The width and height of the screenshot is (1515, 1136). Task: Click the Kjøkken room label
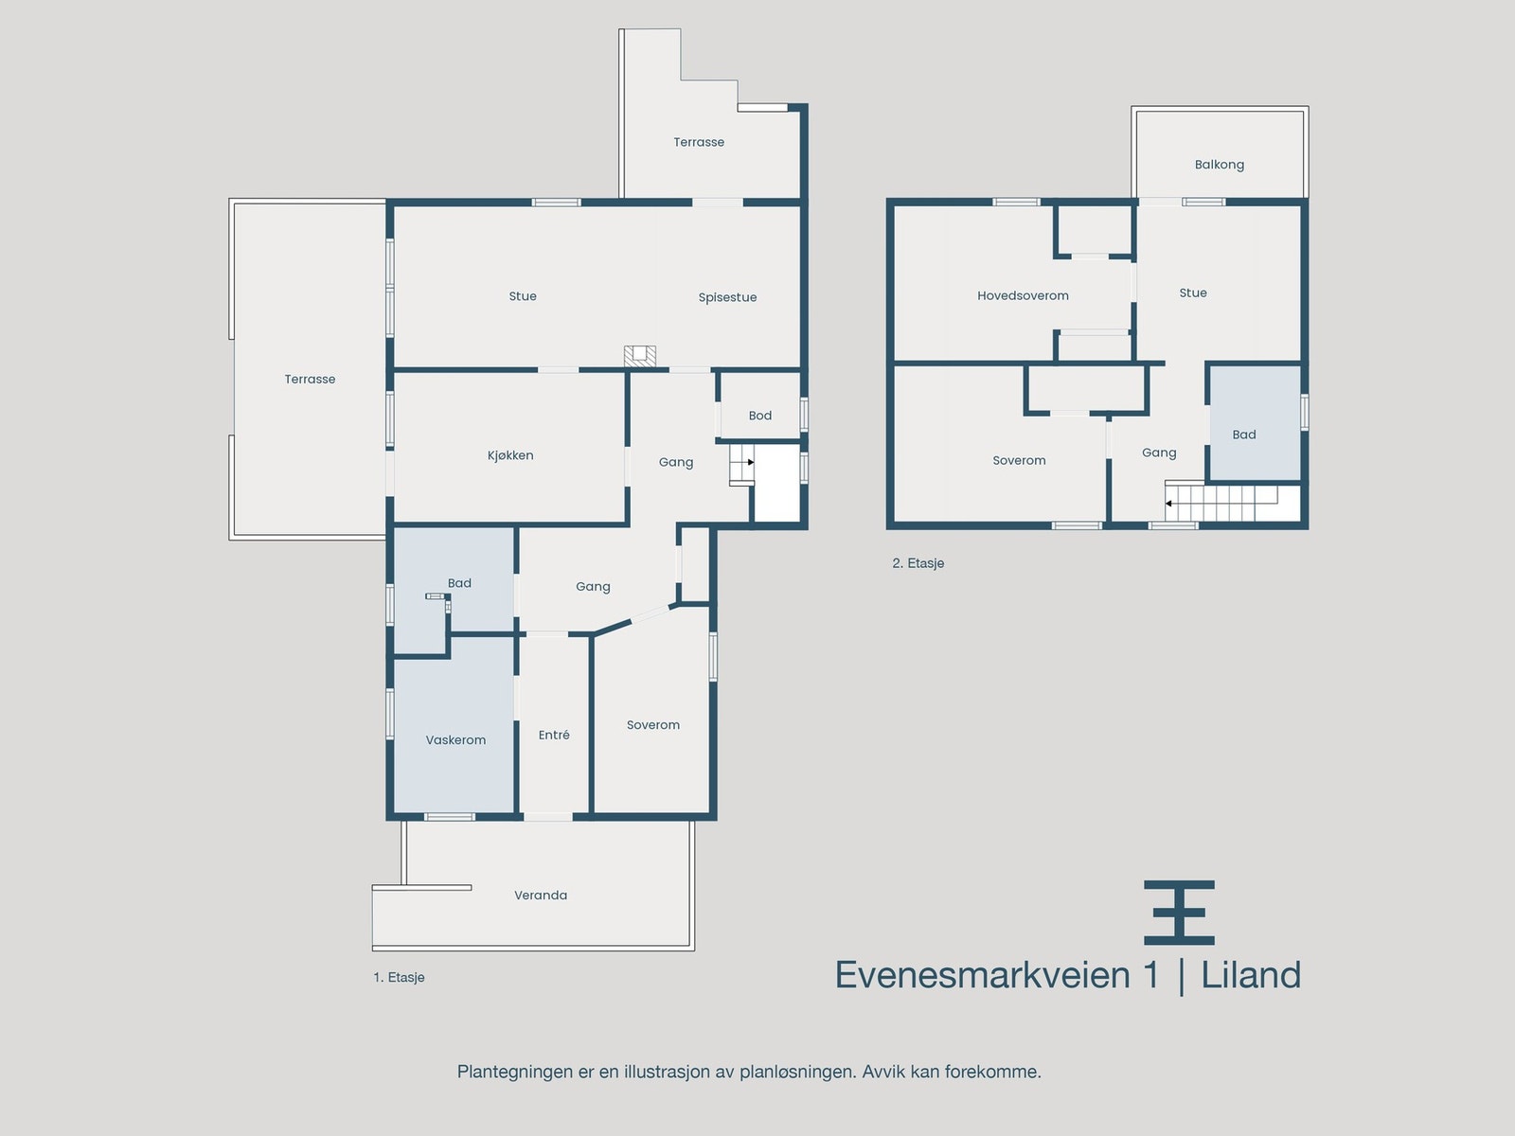tap(510, 455)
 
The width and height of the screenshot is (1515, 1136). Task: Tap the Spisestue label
tap(727, 297)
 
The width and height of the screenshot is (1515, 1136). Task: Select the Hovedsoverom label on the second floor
tap(1023, 295)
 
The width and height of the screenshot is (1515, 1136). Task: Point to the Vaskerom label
tap(455, 740)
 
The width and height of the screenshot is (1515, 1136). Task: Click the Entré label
tap(554, 735)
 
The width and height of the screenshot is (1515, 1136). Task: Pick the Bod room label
tap(760, 416)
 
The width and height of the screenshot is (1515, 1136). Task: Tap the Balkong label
tap(1220, 165)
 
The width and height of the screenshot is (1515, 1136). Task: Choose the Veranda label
tap(541, 895)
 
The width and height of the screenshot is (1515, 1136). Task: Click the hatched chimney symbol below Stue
tap(640, 357)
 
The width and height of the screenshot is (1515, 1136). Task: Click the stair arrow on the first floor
tap(749, 462)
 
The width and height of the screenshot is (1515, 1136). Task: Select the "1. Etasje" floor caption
tap(399, 977)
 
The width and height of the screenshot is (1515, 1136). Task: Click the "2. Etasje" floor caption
tap(918, 563)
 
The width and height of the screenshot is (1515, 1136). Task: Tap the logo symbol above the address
tap(1179, 913)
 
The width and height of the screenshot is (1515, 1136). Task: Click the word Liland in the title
tap(1251, 975)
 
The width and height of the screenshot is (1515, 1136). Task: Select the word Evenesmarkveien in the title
tap(983, 975)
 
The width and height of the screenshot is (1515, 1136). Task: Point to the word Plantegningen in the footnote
tap(514, 1072)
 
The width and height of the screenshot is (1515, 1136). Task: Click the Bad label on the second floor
tap(1244, 435)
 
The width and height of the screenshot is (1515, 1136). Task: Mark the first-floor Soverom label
tap(653, 725)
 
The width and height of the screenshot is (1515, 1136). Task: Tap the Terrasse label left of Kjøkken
tap(310, 380)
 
